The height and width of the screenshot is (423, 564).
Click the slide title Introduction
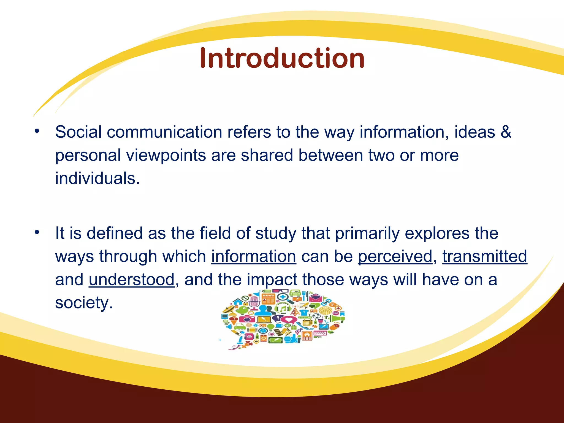point(282,58)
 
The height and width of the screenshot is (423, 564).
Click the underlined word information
point(254,256)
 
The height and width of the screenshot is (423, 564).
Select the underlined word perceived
point(395,256)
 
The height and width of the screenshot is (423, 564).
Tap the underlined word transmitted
point(485,256)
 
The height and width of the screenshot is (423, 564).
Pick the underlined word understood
point(132,280)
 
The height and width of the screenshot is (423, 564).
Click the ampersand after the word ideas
point(506,132)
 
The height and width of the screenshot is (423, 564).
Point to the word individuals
point(97,178)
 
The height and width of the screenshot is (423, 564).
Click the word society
point(84,303)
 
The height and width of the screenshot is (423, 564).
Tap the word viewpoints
point(166,155)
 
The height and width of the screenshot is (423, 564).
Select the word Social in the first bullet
point(78,132)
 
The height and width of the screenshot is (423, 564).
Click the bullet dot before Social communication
point(37,131)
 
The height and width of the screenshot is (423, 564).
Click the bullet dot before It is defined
point(37,232)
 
